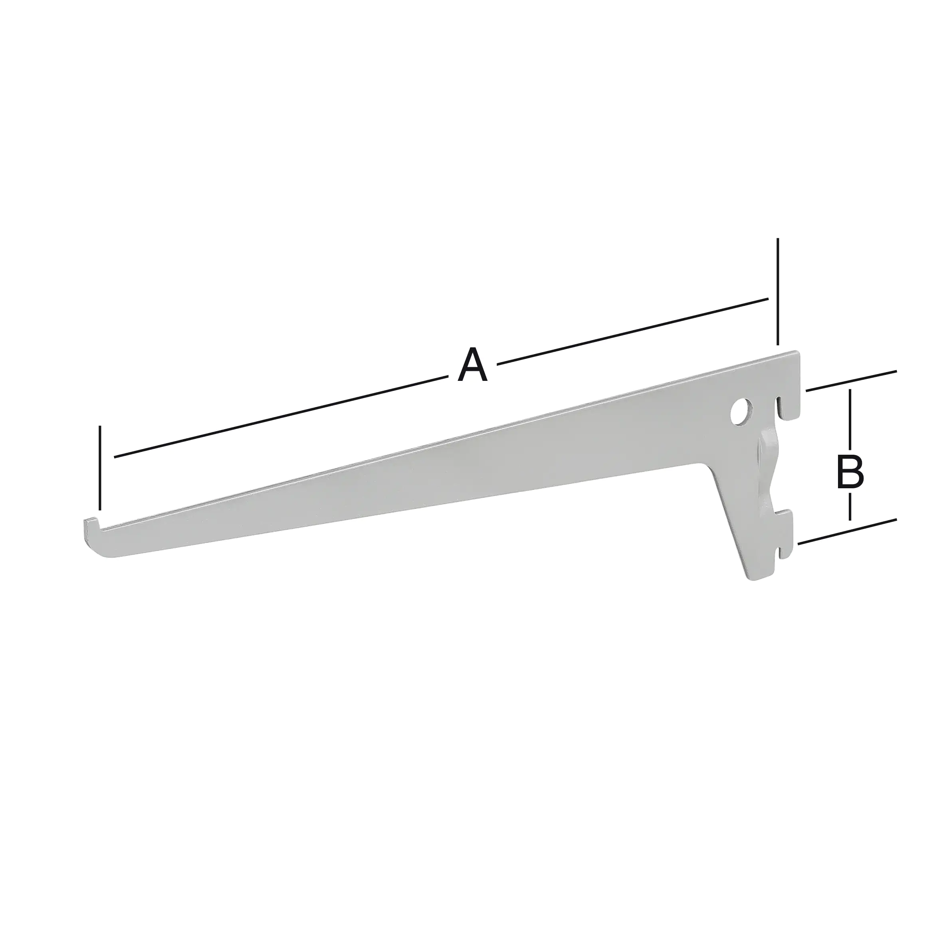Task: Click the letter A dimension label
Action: click(x=472, y=365)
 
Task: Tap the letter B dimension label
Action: click(x=850, y=471)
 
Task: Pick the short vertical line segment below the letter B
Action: click(x=850, y=506)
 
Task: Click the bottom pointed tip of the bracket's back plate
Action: click(x=752, y=577)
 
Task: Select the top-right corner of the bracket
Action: click(x=798, y=353)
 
